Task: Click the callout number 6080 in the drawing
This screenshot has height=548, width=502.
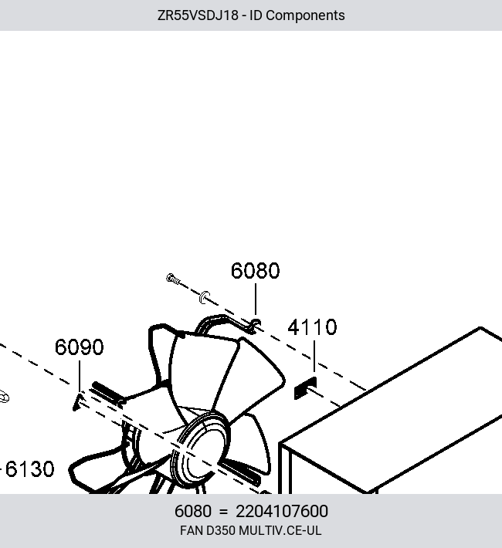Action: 256,270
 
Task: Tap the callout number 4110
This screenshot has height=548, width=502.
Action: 312,327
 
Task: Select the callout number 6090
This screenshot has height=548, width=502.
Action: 80,347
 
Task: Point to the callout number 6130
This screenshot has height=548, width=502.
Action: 30,469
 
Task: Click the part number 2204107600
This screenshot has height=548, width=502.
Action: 282,511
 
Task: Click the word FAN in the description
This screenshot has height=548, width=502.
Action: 192,530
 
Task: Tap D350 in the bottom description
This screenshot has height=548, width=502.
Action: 221,530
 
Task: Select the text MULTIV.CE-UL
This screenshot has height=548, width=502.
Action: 280,530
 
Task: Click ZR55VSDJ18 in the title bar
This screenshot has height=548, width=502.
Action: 198,15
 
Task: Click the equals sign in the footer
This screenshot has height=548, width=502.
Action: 223,512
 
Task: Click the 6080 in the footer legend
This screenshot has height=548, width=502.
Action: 193,511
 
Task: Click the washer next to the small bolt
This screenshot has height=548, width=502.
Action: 205,297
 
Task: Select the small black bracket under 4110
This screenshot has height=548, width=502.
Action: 305,388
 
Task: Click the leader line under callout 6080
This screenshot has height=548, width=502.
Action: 256,299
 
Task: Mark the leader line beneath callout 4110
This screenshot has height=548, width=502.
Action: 314,357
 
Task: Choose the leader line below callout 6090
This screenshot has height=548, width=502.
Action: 80,376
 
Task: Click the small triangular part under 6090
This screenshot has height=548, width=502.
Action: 78,402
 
